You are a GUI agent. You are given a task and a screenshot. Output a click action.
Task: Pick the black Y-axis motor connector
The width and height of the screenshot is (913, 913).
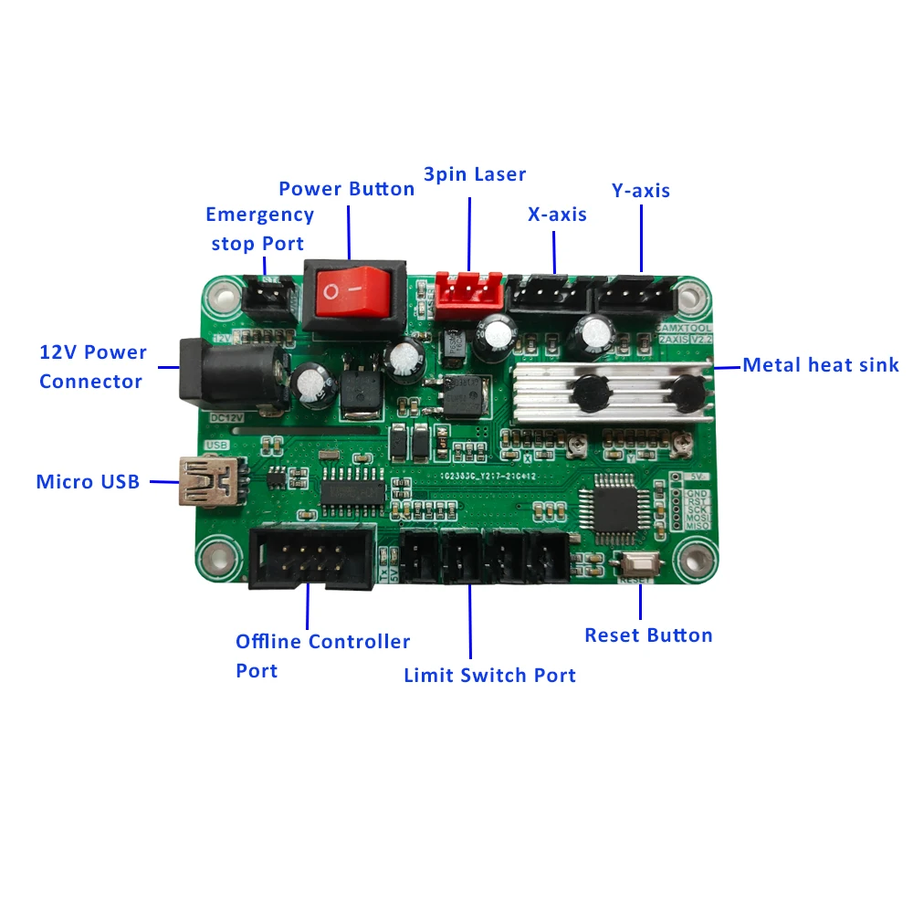tap(635, 294)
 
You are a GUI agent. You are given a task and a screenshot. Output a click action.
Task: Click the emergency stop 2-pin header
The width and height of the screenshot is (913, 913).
tap(268, 295)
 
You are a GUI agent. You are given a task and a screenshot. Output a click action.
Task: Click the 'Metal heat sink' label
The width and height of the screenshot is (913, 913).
tap(821, 365)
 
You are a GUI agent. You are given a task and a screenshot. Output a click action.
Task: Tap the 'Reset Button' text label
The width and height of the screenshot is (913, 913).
tap(648, 635)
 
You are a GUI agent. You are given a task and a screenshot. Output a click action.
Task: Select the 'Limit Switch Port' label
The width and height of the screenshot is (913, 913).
tap(489, 676)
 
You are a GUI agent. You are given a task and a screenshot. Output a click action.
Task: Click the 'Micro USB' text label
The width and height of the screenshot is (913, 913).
tap(88, 481)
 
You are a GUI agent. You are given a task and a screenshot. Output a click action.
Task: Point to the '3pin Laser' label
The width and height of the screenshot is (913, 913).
tap(475, 173)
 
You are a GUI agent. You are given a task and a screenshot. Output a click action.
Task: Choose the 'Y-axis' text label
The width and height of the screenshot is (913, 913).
tap(640, 191)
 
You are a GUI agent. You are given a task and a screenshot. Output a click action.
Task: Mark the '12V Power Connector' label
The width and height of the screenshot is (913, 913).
tap(92, 366)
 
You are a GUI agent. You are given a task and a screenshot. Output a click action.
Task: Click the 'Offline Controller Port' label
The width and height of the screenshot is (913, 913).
tap(322, 656)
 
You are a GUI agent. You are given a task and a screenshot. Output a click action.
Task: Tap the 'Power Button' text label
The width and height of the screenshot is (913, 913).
tap(346, 189)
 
